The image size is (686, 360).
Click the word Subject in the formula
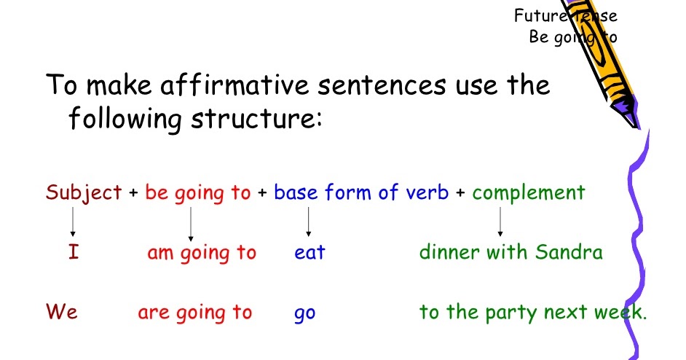(83, 193)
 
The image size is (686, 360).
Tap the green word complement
(528, 193)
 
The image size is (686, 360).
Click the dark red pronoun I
(73, 253)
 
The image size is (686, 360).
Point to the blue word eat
(310, 254)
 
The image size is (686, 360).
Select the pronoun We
(62, 313)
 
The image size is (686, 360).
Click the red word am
(160, 254)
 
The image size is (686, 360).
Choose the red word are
(154, 313)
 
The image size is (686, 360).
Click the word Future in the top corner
(538, 15)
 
